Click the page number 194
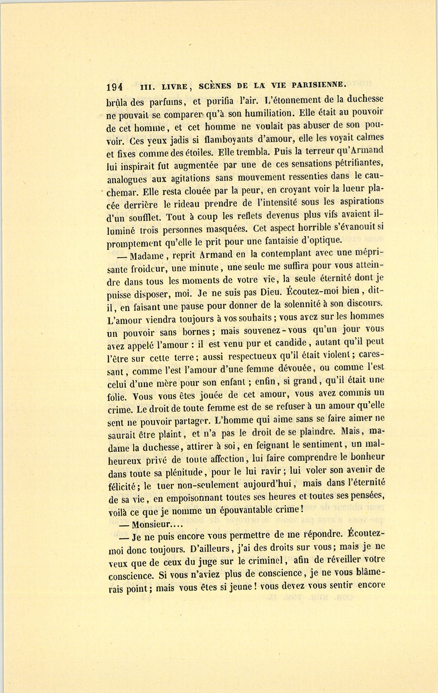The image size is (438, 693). point(114,87)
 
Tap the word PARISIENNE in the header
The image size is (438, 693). point(318,85)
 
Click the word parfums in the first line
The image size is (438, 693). point(167,102)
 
